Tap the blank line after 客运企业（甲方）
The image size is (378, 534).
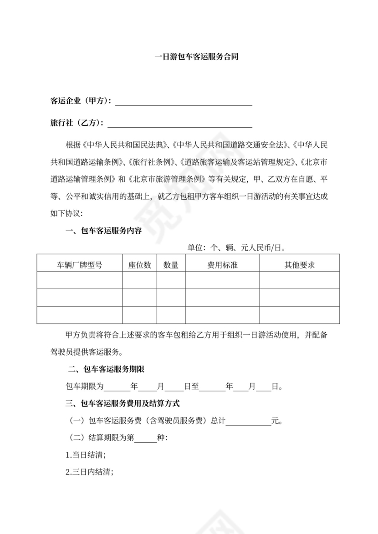coord(184,102)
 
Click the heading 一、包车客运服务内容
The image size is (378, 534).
coord(104,231)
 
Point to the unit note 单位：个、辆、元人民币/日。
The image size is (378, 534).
coord(236,248)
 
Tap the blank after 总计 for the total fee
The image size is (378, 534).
coord(248,421)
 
